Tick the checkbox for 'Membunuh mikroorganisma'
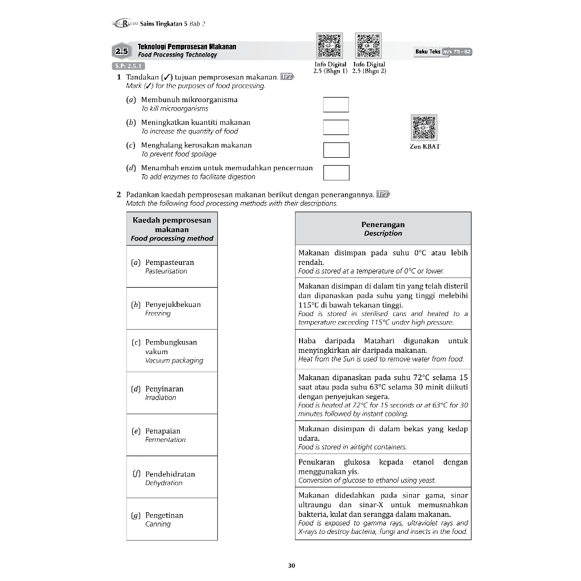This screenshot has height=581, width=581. tap(336, 105)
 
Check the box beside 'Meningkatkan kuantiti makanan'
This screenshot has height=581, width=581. tap(336, 127)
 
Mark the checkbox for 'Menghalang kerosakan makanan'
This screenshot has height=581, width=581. tap(336, 150)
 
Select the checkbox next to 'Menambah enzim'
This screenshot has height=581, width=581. tap(336, 172)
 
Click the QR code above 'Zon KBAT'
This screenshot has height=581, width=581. tap(424, 127)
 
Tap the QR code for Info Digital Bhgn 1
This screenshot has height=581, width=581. tap(329, 46)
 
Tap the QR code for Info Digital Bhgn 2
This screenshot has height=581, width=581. tap(368, 46)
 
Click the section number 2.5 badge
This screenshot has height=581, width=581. tap(122, 52)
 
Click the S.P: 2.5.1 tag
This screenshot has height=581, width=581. tap(128, 65)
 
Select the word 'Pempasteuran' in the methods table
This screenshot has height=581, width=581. tap(169, 263)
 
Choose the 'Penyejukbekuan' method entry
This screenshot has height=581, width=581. tap(172, 305)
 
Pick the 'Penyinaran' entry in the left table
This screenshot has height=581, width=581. tap(164, 389)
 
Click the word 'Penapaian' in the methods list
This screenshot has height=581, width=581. tap(162, 431)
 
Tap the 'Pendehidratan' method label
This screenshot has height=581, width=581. tap(170, 474)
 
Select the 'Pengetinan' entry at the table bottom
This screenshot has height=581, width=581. tap(164, 515)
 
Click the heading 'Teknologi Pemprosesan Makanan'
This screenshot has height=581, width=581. tap(187, 47)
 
